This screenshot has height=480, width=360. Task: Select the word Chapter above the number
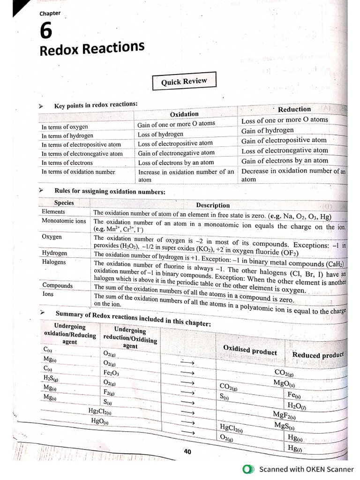50,14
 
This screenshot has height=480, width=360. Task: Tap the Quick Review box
184,82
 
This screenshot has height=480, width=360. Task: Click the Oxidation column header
184,114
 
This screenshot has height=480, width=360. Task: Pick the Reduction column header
294,109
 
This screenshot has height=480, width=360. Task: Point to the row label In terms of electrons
67,163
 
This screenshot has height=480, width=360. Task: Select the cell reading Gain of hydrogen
267,130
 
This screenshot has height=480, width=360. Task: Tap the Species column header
64,203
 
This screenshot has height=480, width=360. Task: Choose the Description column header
213,205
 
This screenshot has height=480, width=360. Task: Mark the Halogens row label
54,262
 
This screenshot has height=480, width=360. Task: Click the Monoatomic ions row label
64,221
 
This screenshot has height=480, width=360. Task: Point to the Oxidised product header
250,351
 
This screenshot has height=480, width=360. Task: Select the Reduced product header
317,355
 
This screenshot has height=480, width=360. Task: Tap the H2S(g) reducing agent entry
50,378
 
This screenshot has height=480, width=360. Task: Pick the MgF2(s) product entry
284,415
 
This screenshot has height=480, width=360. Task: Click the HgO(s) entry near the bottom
99,421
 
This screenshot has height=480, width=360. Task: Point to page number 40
187,452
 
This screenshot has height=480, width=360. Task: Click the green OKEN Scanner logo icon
248,469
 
